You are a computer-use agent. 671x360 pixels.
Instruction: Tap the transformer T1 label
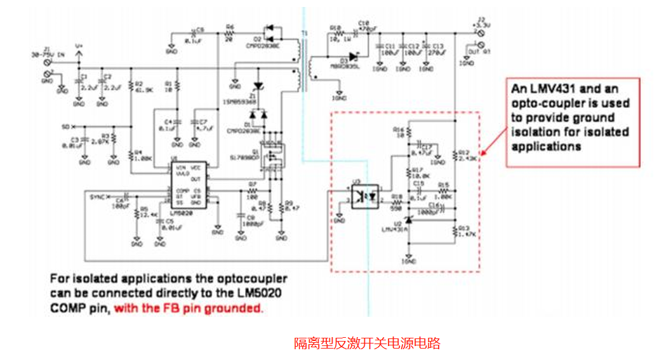[303, 33]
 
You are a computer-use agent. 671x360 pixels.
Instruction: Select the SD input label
[65, 126]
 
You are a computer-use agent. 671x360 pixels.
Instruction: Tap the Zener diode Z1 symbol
[258, 86]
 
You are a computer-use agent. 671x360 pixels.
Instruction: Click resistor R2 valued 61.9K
[130, 86]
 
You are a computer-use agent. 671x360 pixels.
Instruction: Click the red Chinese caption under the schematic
[367, 343]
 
